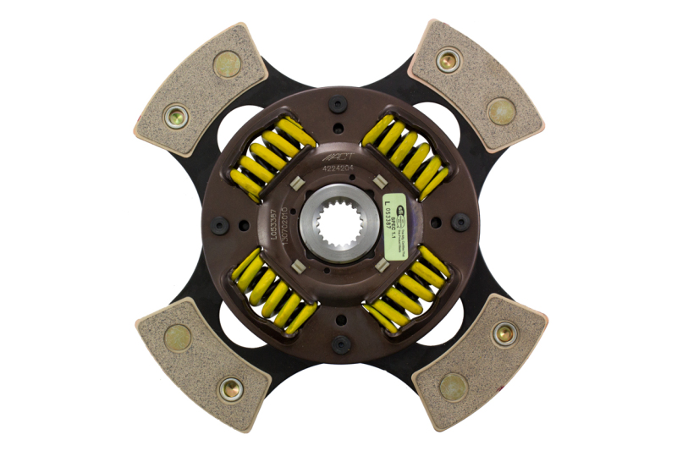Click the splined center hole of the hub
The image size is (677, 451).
(x=337, y=224)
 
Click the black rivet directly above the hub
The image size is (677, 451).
(x=338, y=105)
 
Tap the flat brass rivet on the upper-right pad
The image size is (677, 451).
(x=501, y=110)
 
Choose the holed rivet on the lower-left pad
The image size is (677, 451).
(x=229, y=389)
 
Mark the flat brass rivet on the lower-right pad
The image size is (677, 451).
(x=453, y=385)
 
